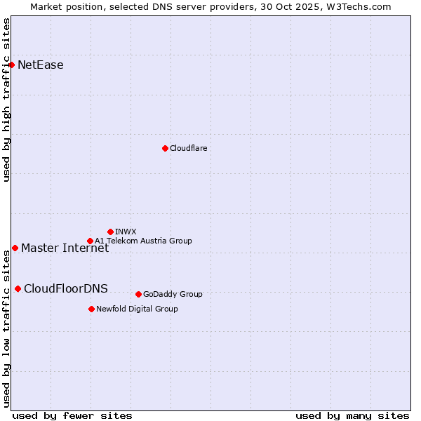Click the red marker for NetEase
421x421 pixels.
click(11, 65)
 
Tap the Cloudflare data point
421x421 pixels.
click(165, 148)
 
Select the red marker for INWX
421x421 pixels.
click(110, 232)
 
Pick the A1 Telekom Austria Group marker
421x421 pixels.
click(90, 241)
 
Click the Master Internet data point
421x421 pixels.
click(15, 248)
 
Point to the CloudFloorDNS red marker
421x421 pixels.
click(18, 288)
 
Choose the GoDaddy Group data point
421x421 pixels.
click(138, 294)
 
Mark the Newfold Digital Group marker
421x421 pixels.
click(91, 309)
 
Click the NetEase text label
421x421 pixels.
click(41, 65)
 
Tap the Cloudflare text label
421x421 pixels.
click(188, 148)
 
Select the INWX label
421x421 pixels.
click(126, 232)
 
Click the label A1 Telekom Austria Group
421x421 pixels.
click(143, 241)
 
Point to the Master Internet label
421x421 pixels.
click(65, 248)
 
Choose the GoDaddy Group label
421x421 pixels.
click(173, 294)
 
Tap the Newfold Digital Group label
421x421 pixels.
click(137, 309)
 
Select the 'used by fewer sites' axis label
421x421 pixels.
click(72, 415)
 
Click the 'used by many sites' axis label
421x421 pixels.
click(352, 415)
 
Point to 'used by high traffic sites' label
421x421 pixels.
click(6, 100)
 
